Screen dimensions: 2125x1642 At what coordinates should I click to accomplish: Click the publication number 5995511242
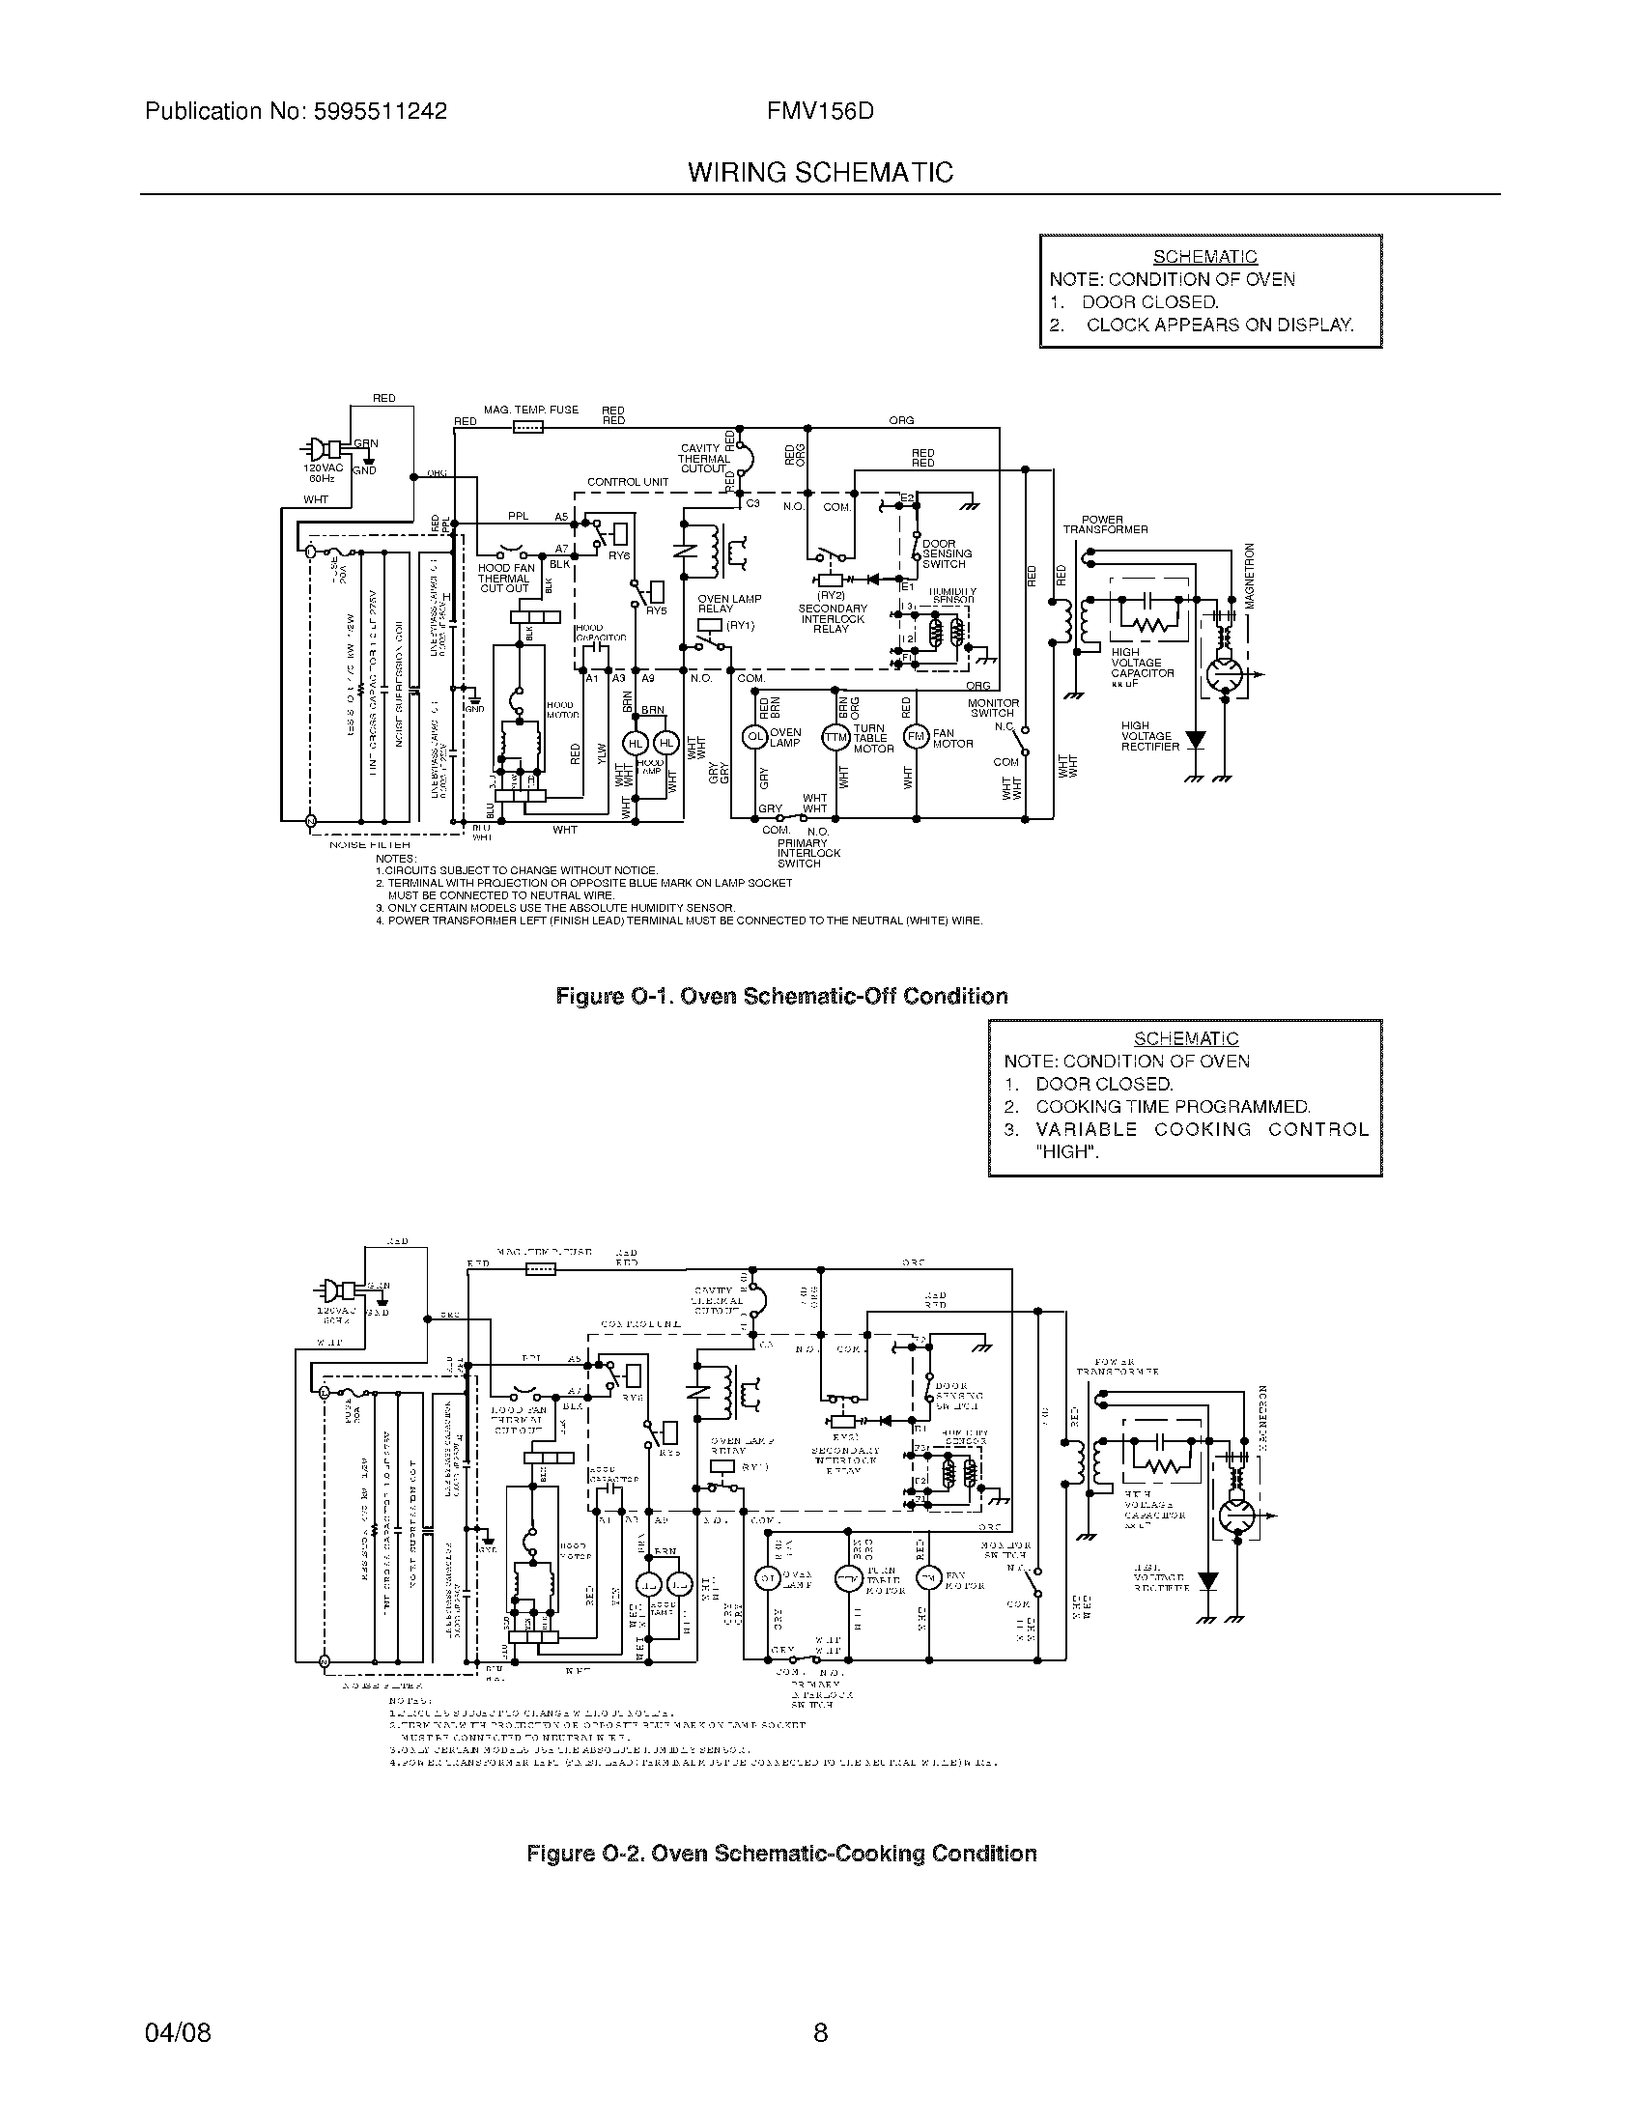point(380,111)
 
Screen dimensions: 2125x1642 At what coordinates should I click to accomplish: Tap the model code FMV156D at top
point(820,111)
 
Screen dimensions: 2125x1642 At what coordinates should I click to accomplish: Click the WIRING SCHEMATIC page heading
point(820,173)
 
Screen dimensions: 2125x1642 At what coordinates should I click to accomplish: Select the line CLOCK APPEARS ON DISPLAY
point(1219,325)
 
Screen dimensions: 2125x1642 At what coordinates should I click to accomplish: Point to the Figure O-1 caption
point(781,997)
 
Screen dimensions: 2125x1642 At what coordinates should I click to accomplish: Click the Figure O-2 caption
point(781,1854)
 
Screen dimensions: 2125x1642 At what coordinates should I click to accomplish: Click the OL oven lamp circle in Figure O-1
point(755,737)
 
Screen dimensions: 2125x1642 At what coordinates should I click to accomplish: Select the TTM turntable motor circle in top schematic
point(835,737)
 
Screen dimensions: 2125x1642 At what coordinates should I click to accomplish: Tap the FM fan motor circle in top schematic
point(916,737)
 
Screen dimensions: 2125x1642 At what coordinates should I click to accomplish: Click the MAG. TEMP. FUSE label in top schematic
point(531,410)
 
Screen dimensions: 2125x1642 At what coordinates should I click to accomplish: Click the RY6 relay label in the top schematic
point(619,555)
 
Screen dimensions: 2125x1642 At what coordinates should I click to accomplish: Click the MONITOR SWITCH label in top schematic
point(993,707)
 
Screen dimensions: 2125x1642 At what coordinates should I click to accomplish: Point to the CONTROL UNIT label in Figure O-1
point(628,482)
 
